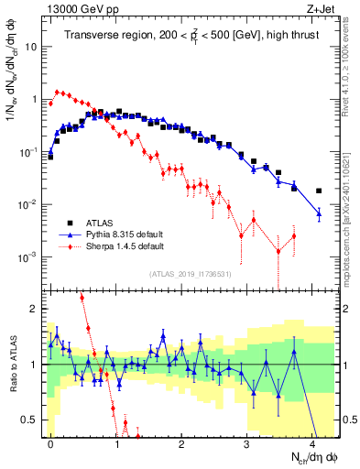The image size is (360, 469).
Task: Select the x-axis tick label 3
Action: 246,442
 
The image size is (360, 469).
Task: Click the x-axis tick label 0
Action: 50,442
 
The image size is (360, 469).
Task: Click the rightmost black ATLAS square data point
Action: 319,191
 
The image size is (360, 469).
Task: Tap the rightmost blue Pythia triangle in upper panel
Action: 319,213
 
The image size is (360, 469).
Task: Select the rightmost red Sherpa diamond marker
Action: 294,236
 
